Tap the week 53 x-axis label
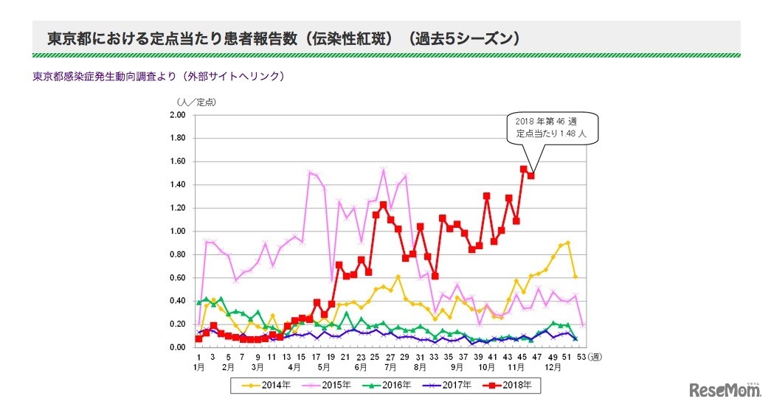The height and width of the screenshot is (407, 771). pyautogui.click(x=583, y=357)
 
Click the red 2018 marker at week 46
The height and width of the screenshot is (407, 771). pyautogui.click(x=530, y=175)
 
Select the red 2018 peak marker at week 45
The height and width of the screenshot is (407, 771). pyautogui.click(x=523, y=169)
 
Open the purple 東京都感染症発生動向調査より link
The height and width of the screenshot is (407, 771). pyautogui.click(x=159, y=76)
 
